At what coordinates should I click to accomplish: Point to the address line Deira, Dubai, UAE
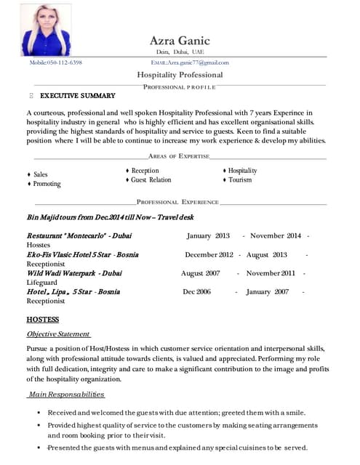[180, 52]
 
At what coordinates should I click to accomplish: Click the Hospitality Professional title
[180, 75]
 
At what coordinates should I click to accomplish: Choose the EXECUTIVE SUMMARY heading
[77, 96]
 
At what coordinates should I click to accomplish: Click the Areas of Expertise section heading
[179, 156]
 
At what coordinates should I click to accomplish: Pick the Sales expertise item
[40, 174]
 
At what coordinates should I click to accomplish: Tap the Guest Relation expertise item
[151, 179]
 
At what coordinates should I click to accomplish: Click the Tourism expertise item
[239, 179]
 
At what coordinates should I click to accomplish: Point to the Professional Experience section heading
[177, 201]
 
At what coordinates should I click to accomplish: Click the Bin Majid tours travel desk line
[110, 217]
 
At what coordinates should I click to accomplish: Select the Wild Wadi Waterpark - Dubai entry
[74, 273]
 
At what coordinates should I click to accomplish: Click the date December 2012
[209, 255]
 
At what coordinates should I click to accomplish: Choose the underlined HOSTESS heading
[42, 319]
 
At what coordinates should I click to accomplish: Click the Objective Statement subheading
[58, 333]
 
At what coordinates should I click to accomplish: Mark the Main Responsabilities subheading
[66, 395]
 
